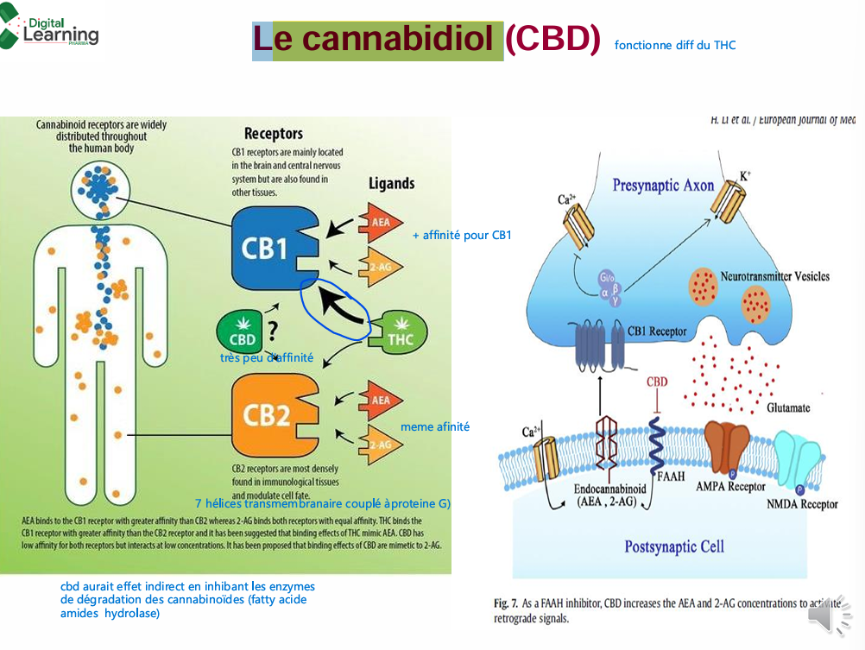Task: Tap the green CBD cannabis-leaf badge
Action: (x=241, y=331)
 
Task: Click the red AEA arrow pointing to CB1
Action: (x=378, y=222)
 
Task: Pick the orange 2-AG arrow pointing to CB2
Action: (x=378, y=443)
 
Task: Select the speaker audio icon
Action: (x=828, y=615)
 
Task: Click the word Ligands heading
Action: (x=391, y=183)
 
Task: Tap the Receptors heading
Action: (x=273, y=134)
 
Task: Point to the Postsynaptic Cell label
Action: (x=673, y=546)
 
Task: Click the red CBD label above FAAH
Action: (x=657, y=382)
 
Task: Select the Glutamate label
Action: (x=788, y=407)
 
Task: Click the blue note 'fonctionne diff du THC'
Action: (x=675, y=45)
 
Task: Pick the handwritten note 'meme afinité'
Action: (x=435, y=426)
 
